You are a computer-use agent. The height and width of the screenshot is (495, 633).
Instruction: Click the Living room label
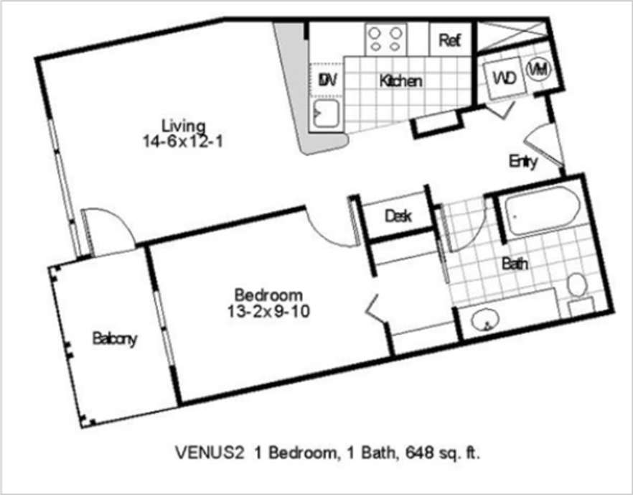(183, 126)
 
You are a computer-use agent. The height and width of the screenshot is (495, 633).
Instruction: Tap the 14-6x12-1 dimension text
(183, 141)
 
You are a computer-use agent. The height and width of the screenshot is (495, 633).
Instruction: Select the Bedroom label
(268, 295)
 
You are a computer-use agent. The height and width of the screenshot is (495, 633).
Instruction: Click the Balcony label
(114, 339)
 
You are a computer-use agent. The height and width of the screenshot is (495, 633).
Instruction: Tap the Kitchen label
(400, 81)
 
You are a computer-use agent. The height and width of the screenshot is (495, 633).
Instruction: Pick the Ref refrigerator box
(449, 40)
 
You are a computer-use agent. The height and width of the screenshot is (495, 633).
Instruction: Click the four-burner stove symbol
(386, 39)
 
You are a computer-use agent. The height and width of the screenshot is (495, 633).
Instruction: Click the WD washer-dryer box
(502, 77)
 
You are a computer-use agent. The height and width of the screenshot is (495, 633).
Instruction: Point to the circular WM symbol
(538, 70)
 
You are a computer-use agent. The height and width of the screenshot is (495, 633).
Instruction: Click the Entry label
(522, 162)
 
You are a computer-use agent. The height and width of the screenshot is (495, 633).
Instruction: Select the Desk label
(397, 216)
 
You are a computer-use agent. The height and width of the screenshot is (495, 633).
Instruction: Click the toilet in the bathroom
(576, 285)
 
